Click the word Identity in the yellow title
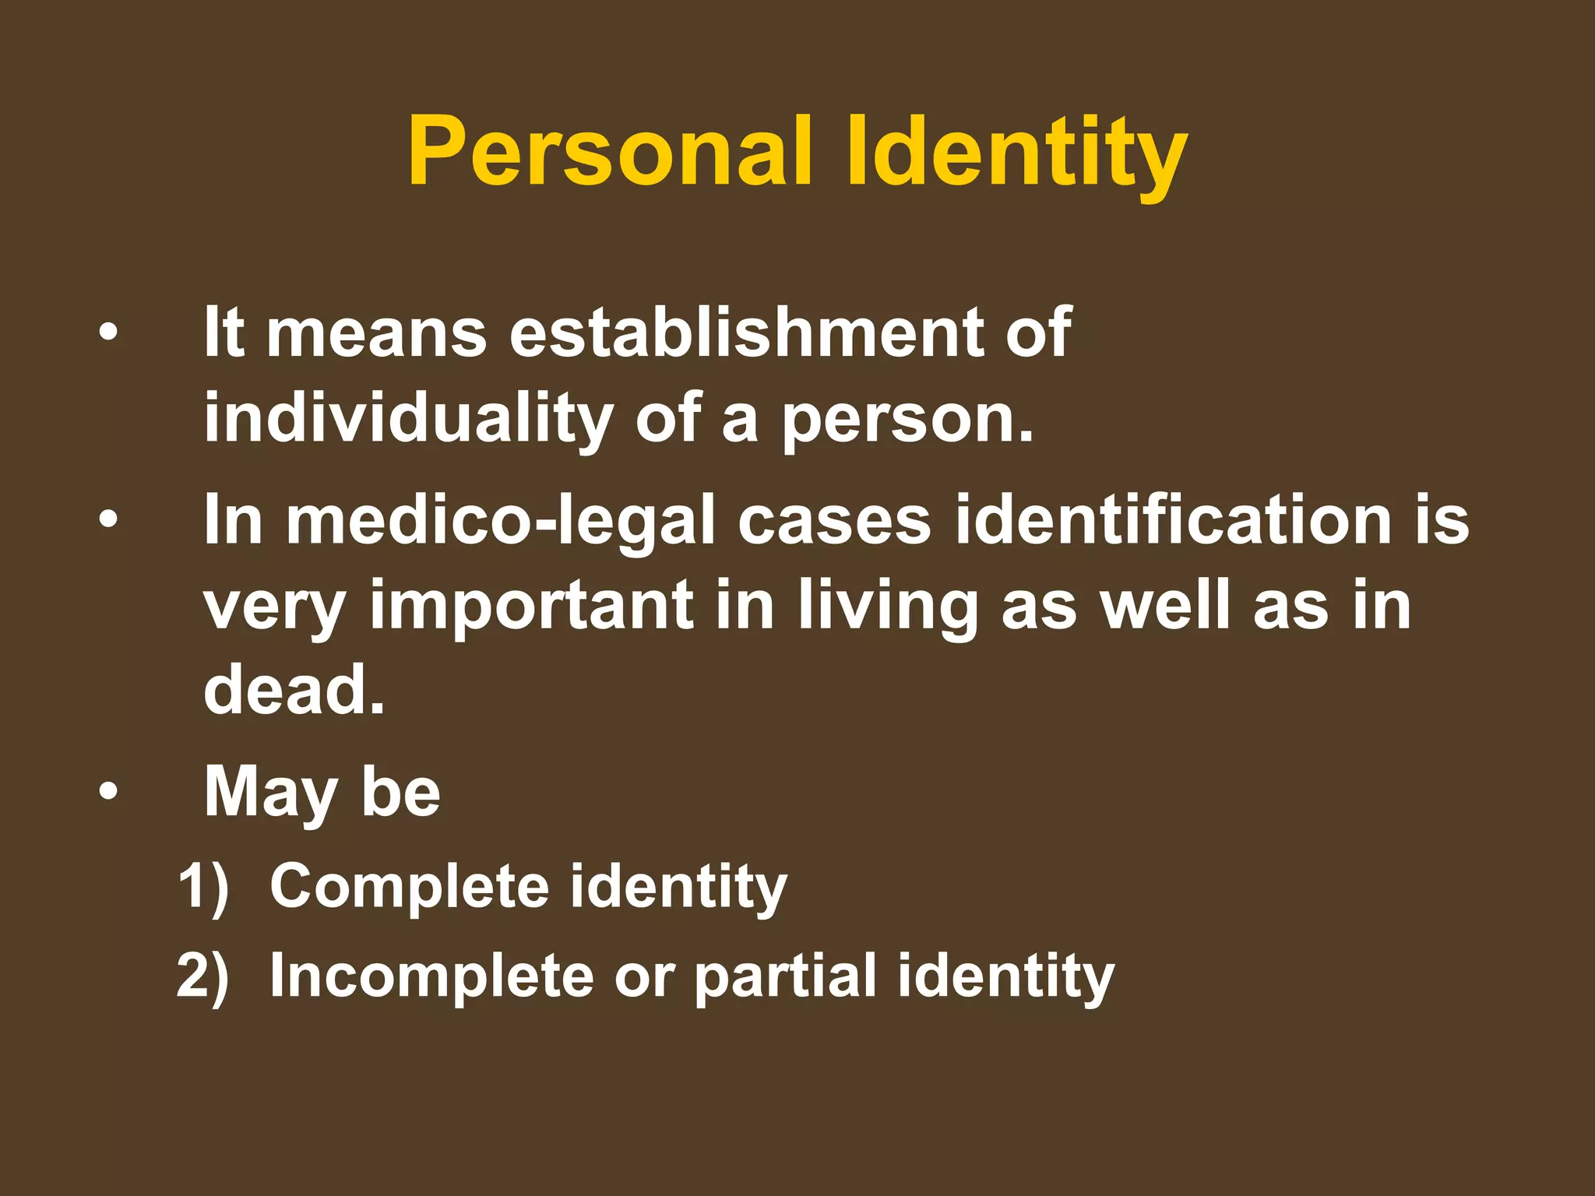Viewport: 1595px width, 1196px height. click(x=1016, y=151)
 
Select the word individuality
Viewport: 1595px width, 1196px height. click(x=409, y=418)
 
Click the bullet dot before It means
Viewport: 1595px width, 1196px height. click(x=108, y=333)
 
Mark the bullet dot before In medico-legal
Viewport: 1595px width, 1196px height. click(x=108, y=520)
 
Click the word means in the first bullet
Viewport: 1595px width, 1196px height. click(x=377, y=333)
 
